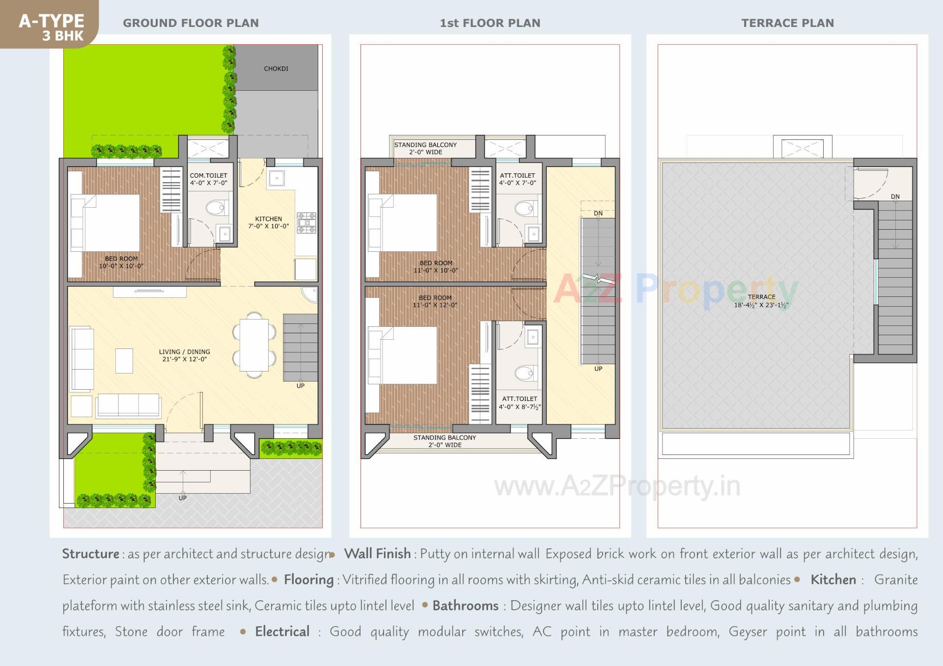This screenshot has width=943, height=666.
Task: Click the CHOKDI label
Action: (x=276, y=69)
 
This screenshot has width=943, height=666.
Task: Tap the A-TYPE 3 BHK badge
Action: (x=52, y=27)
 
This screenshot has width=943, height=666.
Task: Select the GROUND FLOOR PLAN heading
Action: (x=191, y=23)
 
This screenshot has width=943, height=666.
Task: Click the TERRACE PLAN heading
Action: (x=787, y=23)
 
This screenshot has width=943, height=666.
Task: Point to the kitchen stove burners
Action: (x=306, y=222)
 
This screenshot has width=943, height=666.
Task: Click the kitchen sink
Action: (x=276, y=178)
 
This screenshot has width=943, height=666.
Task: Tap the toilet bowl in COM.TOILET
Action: (x=217, y=208)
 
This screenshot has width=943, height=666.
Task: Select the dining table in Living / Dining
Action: (x=254, y=345)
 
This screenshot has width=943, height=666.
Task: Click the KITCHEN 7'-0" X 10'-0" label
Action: (x=269, y=223)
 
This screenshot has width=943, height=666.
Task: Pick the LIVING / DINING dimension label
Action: (x=184, y=355)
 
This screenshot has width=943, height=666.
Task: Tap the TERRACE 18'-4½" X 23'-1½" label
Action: (x=761, y=301)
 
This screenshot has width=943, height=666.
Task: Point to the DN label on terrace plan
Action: (x=895, y=197)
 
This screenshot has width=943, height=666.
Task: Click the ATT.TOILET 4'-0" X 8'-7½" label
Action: (x=520, y=403)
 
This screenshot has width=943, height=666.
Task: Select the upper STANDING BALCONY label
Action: (x=425, y=148)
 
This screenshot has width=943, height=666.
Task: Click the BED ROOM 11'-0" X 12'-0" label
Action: (x=435, y=301)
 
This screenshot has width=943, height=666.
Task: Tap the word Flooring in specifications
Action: (x=309, y=580)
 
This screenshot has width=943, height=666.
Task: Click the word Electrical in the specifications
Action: (x=282, y=632)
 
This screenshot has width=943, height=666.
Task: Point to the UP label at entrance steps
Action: (x=183, y=498)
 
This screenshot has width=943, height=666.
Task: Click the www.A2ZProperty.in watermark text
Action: (x=617, y=486)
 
